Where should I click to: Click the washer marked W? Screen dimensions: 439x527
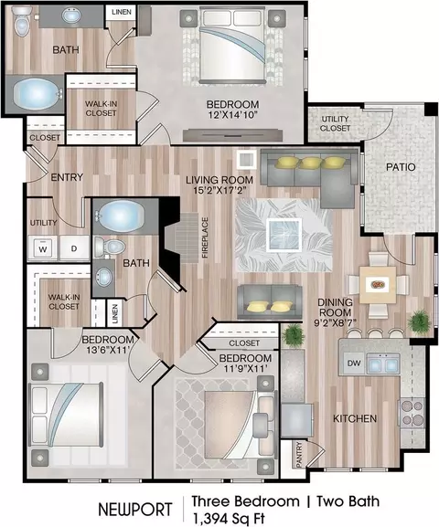43,248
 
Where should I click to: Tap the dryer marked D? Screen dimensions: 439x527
74,248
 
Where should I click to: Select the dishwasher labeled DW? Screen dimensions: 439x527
354,363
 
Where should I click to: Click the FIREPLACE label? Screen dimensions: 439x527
206,237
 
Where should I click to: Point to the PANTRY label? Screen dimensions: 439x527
299,455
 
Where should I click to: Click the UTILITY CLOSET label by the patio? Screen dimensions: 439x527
335,123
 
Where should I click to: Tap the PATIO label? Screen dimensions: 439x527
401,167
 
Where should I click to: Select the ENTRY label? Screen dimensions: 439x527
67,177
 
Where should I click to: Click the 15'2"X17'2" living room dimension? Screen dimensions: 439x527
219,191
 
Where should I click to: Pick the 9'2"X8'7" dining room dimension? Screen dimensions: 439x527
335,323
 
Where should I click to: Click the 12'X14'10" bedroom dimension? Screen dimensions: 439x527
232,115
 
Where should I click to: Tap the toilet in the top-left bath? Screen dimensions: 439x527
22,21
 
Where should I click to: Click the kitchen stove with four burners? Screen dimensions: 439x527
412,413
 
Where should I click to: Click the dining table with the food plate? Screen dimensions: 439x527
378,285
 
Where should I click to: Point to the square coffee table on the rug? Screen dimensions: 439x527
284,235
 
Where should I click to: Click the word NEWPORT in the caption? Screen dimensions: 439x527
135,510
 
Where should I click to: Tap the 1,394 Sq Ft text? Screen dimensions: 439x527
229,518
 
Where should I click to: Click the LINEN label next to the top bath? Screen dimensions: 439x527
122,12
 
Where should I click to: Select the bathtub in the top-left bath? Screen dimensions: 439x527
37,94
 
